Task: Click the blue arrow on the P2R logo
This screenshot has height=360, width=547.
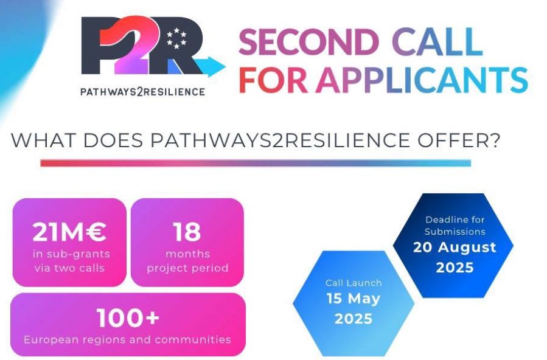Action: click(x=211, y=66)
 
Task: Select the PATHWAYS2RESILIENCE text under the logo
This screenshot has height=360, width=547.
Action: click(x=142, y=92)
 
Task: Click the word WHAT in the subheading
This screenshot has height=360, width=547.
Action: click(x=43, y=140)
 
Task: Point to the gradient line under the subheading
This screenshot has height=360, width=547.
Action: click(x=256, y=163)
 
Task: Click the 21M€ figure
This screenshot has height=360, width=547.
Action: click(x=69, y=232)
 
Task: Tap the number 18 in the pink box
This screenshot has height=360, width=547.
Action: click(x=187, y=232)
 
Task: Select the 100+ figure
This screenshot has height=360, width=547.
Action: click(x=128, y=318)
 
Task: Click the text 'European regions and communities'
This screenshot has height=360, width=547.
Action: click(x=127, y=339)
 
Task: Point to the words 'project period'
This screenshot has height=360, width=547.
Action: click(x=187, y=268)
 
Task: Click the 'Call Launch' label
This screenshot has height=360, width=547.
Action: click(x=354, y=283)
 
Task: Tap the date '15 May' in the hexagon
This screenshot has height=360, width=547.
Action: click(x=353, y=299)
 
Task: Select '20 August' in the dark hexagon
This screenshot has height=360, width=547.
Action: click(x=455, y=247)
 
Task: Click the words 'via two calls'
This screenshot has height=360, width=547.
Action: click(x=69, y=268)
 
